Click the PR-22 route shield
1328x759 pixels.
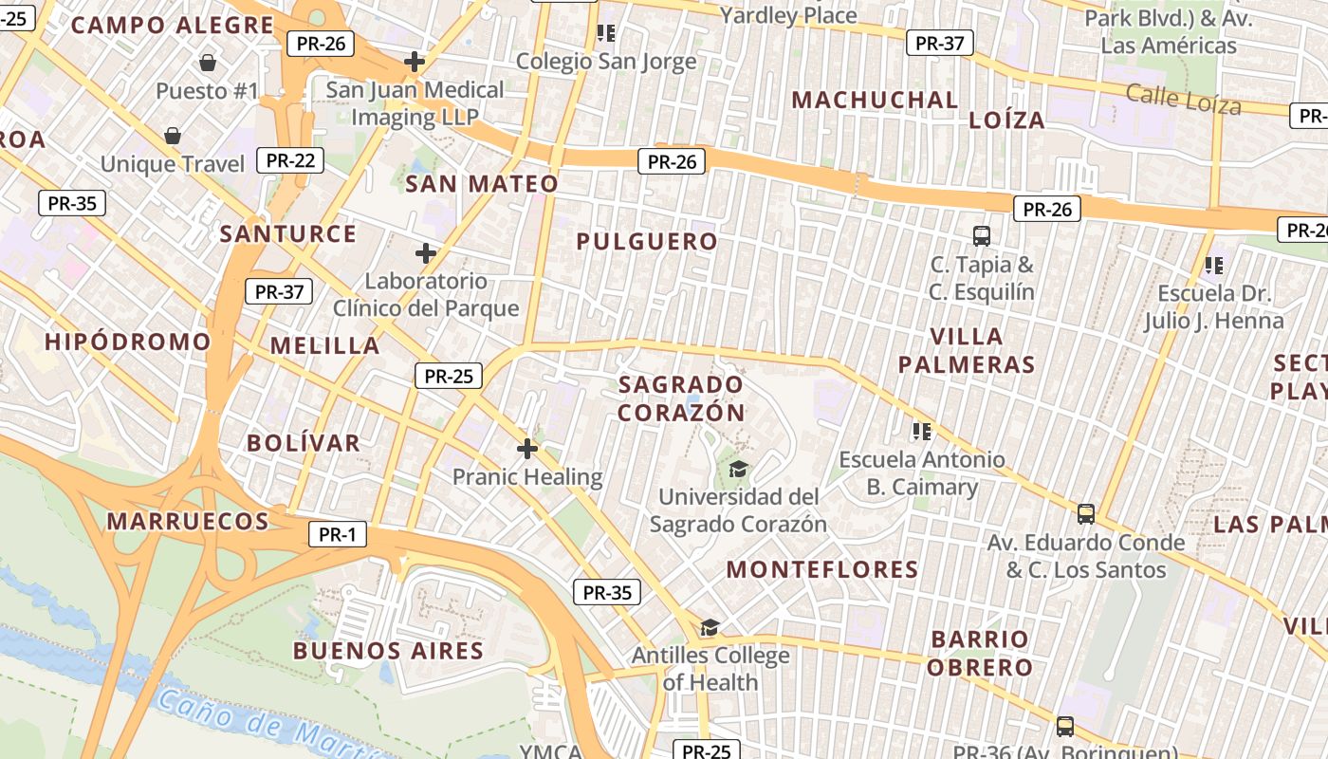coord(290,160)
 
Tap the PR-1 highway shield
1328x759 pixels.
coord(337,535)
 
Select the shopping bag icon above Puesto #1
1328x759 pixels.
coord(208,63)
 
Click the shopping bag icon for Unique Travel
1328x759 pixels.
coord(173,136)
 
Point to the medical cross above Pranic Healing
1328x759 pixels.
coord(527,449)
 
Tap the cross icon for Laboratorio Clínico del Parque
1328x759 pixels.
coord(426,253)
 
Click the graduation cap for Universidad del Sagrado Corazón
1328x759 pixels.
coord(738,468)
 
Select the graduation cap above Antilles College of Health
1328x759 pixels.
coord(710,627)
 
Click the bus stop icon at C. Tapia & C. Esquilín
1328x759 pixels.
coord(982,235)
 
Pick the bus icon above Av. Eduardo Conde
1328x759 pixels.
coord(1086,514)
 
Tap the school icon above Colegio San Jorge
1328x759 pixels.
coord(606,34)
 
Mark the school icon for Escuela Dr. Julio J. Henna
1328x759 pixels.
coord(1213,266)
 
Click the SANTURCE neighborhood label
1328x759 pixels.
coord(288,233)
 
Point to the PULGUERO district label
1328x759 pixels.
coord(647,242)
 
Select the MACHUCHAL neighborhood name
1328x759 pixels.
coord(875,100)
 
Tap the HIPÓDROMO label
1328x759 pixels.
coord(128,342)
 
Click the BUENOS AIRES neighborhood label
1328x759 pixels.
coord(388,651)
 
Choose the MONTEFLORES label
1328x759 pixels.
coord(822,569)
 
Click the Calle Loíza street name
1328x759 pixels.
coord(1183,99)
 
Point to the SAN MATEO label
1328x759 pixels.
coord(482,184)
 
